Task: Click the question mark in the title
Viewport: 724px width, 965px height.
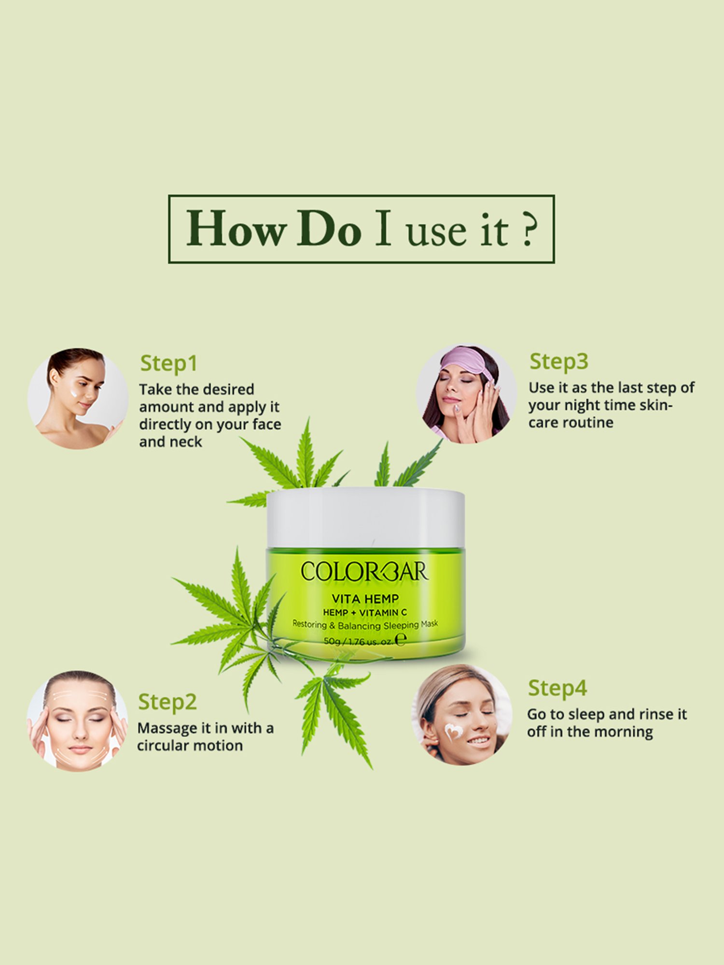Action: pos(529,230)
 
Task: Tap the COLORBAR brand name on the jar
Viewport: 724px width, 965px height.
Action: pos(364,571)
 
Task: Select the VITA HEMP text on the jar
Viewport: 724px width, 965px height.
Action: pos(365,599)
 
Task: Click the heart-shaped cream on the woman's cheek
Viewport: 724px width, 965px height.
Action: pos(453,732)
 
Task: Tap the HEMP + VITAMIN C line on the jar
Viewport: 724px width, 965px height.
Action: pos(365,612)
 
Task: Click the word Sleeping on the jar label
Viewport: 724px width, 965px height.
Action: pos(401,625)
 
